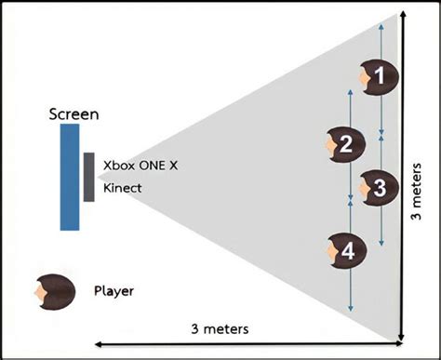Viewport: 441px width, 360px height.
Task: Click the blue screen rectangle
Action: pyautogui.click(x=70, y=176)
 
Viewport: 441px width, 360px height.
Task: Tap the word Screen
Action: pyautogui.click(x=72, y=114)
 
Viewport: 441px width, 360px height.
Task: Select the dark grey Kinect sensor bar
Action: pyautogui.click(x=87, y=176)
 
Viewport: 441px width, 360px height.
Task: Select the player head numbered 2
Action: pyautogui.click(x=341, y=144)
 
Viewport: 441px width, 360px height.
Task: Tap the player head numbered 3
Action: pyautogui.click(x=374, y=186)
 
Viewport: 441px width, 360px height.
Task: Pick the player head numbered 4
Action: pyautogui.click(x=342, y=250)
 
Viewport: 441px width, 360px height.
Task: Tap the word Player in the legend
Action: pyautogui.click(x=114, y=290)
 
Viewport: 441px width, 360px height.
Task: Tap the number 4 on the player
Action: pyautogui.click(x=347, y=250)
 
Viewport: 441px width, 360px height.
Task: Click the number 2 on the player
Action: pyautogui.click(x=345, y=144)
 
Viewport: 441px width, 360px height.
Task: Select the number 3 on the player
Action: pyautogui.click(x=379, y=186)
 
